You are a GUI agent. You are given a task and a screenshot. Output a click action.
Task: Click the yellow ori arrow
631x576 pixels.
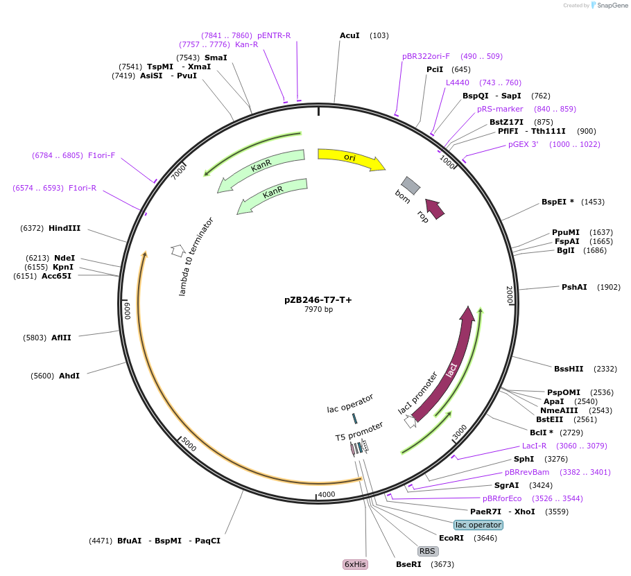click(350, 158)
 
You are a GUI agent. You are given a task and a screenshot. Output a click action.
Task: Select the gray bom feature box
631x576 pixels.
click(410, 185)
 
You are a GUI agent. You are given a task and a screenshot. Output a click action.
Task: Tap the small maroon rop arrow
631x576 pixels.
click(435, 208)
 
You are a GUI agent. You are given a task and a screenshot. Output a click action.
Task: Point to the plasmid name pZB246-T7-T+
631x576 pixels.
click(318, 299)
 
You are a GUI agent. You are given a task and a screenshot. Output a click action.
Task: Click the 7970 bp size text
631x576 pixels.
click(318, 309)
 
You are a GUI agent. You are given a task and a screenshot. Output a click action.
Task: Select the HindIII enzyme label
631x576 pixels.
click(64, 228)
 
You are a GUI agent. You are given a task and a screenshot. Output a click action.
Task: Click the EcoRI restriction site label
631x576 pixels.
click(451, 538)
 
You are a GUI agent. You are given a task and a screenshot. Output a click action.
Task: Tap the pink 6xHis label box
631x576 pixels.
click(354, 564)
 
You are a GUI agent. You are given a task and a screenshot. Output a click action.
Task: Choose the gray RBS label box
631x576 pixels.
click(427, 551)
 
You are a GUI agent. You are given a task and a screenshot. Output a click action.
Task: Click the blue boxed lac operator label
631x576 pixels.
click(478, 525)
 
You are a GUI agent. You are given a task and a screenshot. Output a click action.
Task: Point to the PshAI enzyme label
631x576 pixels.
click(574, 287)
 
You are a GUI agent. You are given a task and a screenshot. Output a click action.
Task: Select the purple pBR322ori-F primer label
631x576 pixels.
click(426, 56)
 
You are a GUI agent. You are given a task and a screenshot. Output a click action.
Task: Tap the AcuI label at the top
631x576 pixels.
click(349, 35)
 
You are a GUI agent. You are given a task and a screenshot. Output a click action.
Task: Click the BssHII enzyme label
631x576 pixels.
click(569, 369)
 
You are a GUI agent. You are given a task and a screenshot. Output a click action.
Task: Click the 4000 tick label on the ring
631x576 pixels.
click(326, 494)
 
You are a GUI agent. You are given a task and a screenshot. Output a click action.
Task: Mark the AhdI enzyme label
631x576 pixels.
click(69, 376)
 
